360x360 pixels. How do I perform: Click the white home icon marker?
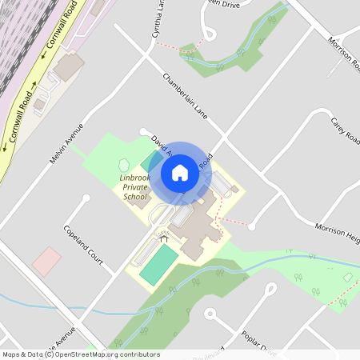pos(180,173)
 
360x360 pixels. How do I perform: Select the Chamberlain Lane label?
pos(185,97)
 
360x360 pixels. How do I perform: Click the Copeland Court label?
pos(83,245)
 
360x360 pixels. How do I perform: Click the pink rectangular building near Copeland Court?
pos(46,259)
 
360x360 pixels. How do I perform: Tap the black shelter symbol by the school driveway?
pos(164,238)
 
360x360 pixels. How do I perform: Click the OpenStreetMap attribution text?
pos(81,354)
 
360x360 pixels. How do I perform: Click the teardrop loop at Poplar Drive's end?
pos(270,289)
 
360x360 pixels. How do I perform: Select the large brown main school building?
pos(196,228)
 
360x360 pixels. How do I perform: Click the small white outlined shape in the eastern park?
pos(348,276)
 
